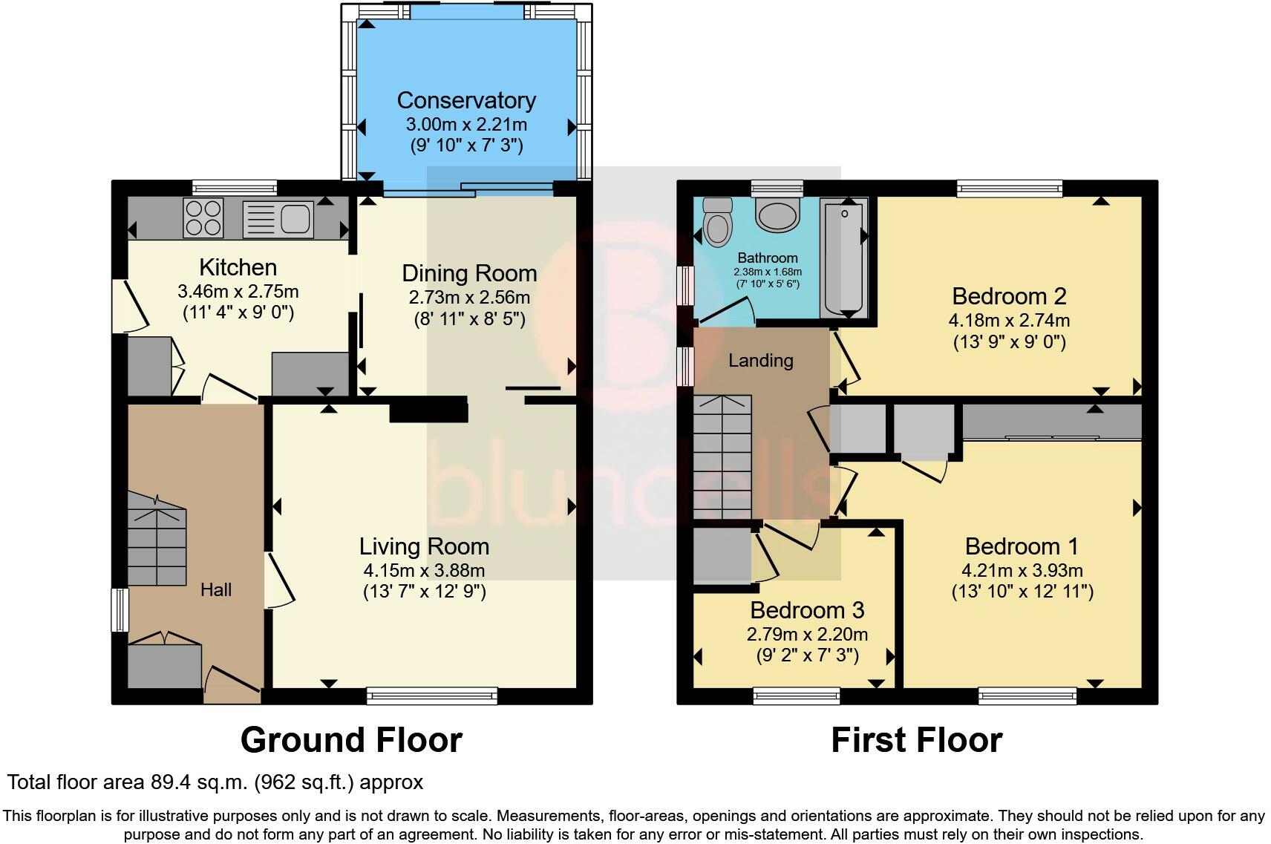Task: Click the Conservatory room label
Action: [466, 100]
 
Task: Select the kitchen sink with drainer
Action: [278, 218]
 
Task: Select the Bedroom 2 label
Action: [1009, 296]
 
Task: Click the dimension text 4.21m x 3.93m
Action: [1022, 571]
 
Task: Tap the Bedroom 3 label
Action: [807, 610]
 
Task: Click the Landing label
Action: [760, 361]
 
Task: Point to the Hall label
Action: [216, 590]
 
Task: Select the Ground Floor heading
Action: [351, 740]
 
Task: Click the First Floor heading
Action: [916, 740]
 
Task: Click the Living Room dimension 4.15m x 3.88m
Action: [424, 571]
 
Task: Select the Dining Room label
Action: [469, 273]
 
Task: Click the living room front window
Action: [432, 696]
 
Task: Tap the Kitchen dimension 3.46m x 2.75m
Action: [238, 292]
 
